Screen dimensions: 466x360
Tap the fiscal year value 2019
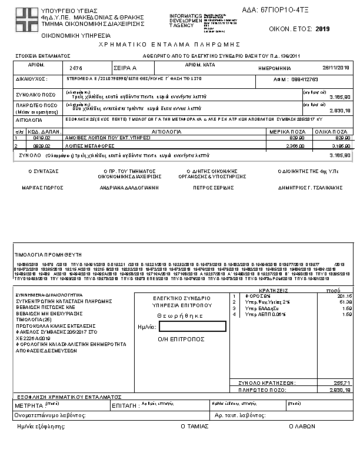point(323,28)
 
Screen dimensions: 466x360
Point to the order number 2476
point(76,68)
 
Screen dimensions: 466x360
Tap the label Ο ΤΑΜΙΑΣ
point(192,426)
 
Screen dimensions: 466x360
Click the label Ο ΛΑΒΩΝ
point(302,426)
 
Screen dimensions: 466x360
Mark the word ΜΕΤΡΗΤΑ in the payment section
point(28,406)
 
